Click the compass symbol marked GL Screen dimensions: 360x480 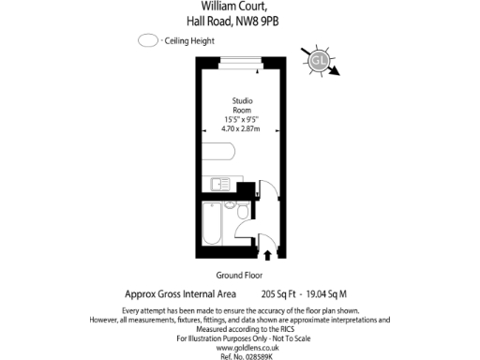click(x=319, y=61)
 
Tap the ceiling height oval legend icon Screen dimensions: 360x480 click(x=147, y=41)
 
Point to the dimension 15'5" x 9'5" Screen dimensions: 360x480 click(x=242, y=119)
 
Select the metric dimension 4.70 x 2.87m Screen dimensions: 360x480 click(x=242, y=129)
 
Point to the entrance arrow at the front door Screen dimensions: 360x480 click(x=269, y=253)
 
